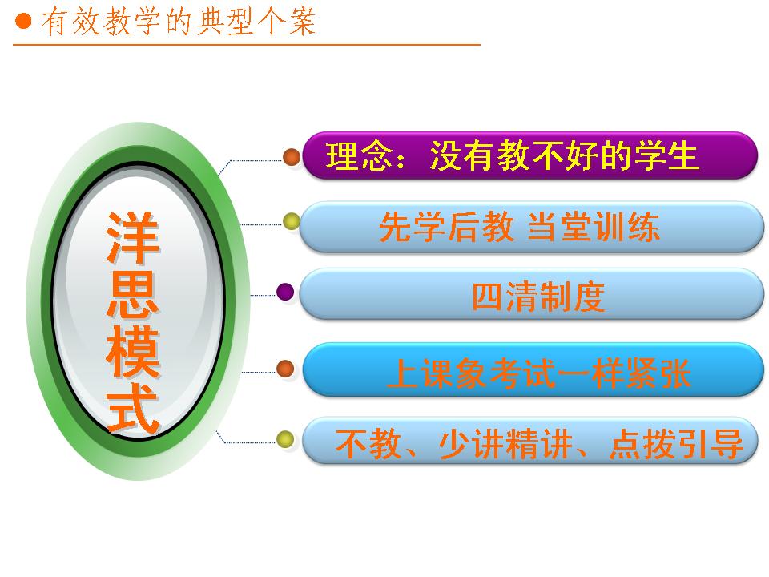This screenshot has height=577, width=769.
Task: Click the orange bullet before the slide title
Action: pos(23,21)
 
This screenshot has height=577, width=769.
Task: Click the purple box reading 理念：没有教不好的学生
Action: pos(529,155)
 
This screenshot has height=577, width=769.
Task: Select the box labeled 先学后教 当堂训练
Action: pos(531,227)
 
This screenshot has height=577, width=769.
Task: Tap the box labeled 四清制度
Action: pos(531,294)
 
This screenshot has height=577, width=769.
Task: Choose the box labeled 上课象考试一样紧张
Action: pos(533,369)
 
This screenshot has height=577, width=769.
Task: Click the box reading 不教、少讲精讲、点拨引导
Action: pos(530,441)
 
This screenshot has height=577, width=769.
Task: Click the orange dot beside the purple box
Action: pos(292,157)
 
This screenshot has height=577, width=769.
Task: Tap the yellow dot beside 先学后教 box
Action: pos(292,221)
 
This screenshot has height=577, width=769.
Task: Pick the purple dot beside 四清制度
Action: pos(285,292)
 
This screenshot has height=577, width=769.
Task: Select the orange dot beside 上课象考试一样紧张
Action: pos(285,369)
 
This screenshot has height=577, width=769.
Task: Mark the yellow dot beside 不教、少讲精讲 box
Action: pos(285,439)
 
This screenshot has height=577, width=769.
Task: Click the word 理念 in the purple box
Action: pos(360,156)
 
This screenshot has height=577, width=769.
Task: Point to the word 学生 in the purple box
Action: pos(666,156)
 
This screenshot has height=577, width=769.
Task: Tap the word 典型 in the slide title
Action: pos(224,22)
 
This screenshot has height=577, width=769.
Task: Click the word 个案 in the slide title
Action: pos(287,22)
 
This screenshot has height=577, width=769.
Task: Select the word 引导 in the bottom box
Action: pos(711,443)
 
